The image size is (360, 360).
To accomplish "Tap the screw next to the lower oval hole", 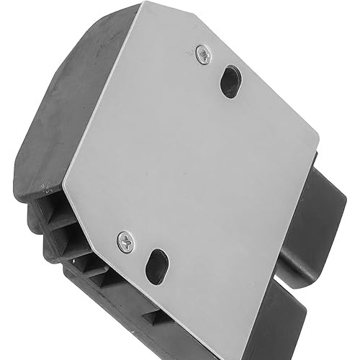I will [x=125, y=241].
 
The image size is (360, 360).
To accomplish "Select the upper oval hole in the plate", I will [x=230, y=81].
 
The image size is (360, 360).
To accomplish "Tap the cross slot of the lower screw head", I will [x=125, y=241].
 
